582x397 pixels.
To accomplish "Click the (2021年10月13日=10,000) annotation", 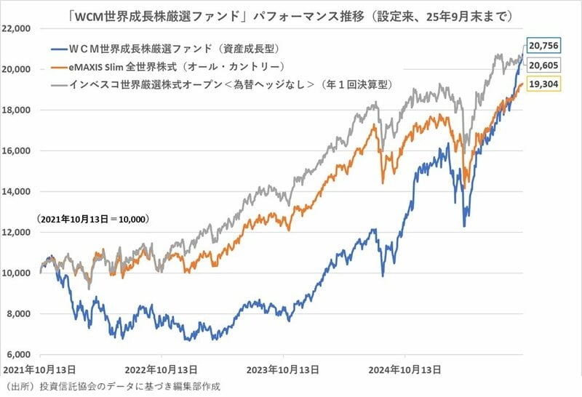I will point(93,218).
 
